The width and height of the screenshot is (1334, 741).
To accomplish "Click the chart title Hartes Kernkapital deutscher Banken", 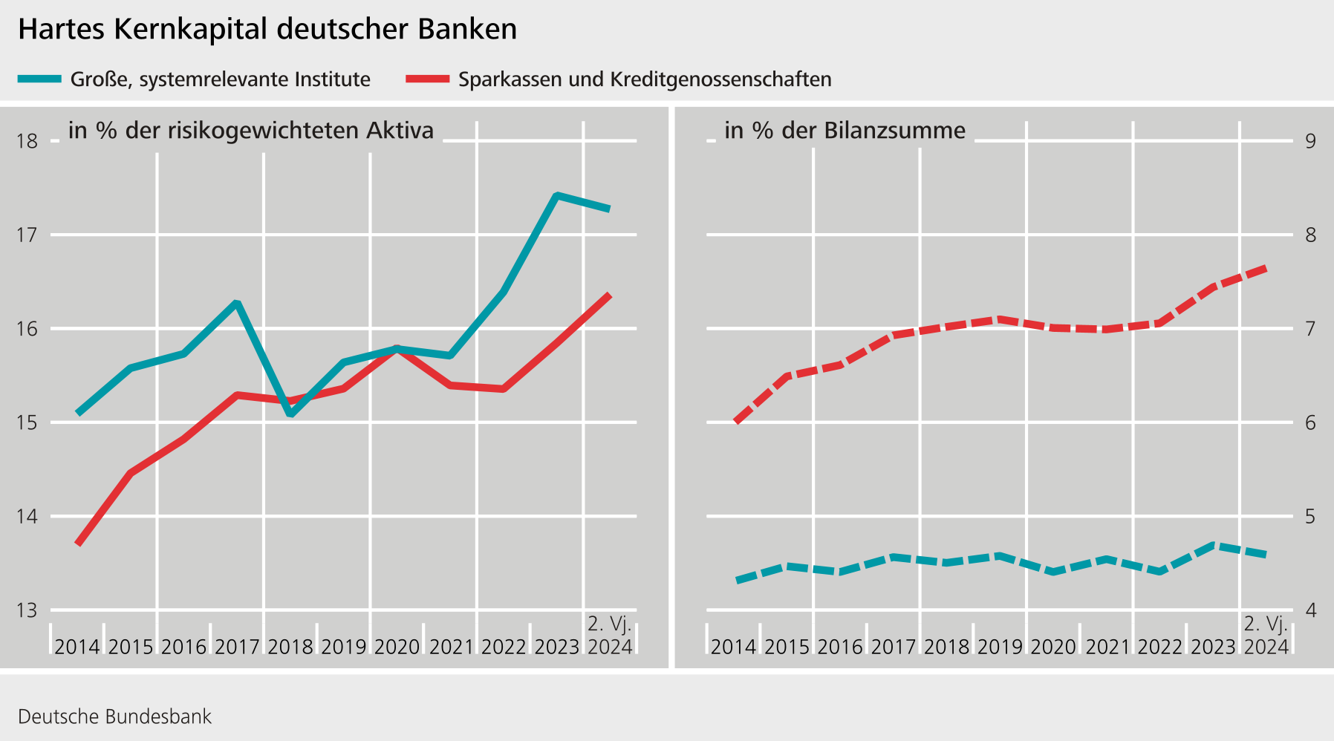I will [x=267, y=30].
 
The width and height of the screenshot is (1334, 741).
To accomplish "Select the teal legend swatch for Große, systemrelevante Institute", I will [x=39, y=79].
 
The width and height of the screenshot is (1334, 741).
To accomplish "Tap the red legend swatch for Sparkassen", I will [x=428, y=79].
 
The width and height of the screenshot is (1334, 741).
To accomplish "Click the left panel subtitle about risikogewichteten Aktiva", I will [x=250, y=131].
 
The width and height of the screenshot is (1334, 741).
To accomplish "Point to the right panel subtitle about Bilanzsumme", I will [x=845, y=131].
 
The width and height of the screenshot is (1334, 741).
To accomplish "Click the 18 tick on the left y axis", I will [x=27, y=141].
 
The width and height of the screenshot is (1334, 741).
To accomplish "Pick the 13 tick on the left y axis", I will [x=27, y=610].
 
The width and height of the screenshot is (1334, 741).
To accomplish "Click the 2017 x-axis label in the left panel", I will [x=237, y=647].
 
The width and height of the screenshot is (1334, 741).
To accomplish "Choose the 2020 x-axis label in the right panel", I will [x=1053, y=647].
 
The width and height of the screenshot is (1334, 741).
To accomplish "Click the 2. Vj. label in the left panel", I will [x=609, y=624].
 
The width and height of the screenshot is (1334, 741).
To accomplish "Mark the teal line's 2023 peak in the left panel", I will [x=557, y=195].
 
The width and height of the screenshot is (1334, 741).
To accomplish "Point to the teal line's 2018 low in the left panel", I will [x=290, y=413].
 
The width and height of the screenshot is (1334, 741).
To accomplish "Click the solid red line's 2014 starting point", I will [x=78, y=543].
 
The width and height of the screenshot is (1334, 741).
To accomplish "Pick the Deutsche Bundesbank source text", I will [x=114, y=716].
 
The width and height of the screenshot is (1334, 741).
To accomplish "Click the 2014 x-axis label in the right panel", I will [x=733, y=647].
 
